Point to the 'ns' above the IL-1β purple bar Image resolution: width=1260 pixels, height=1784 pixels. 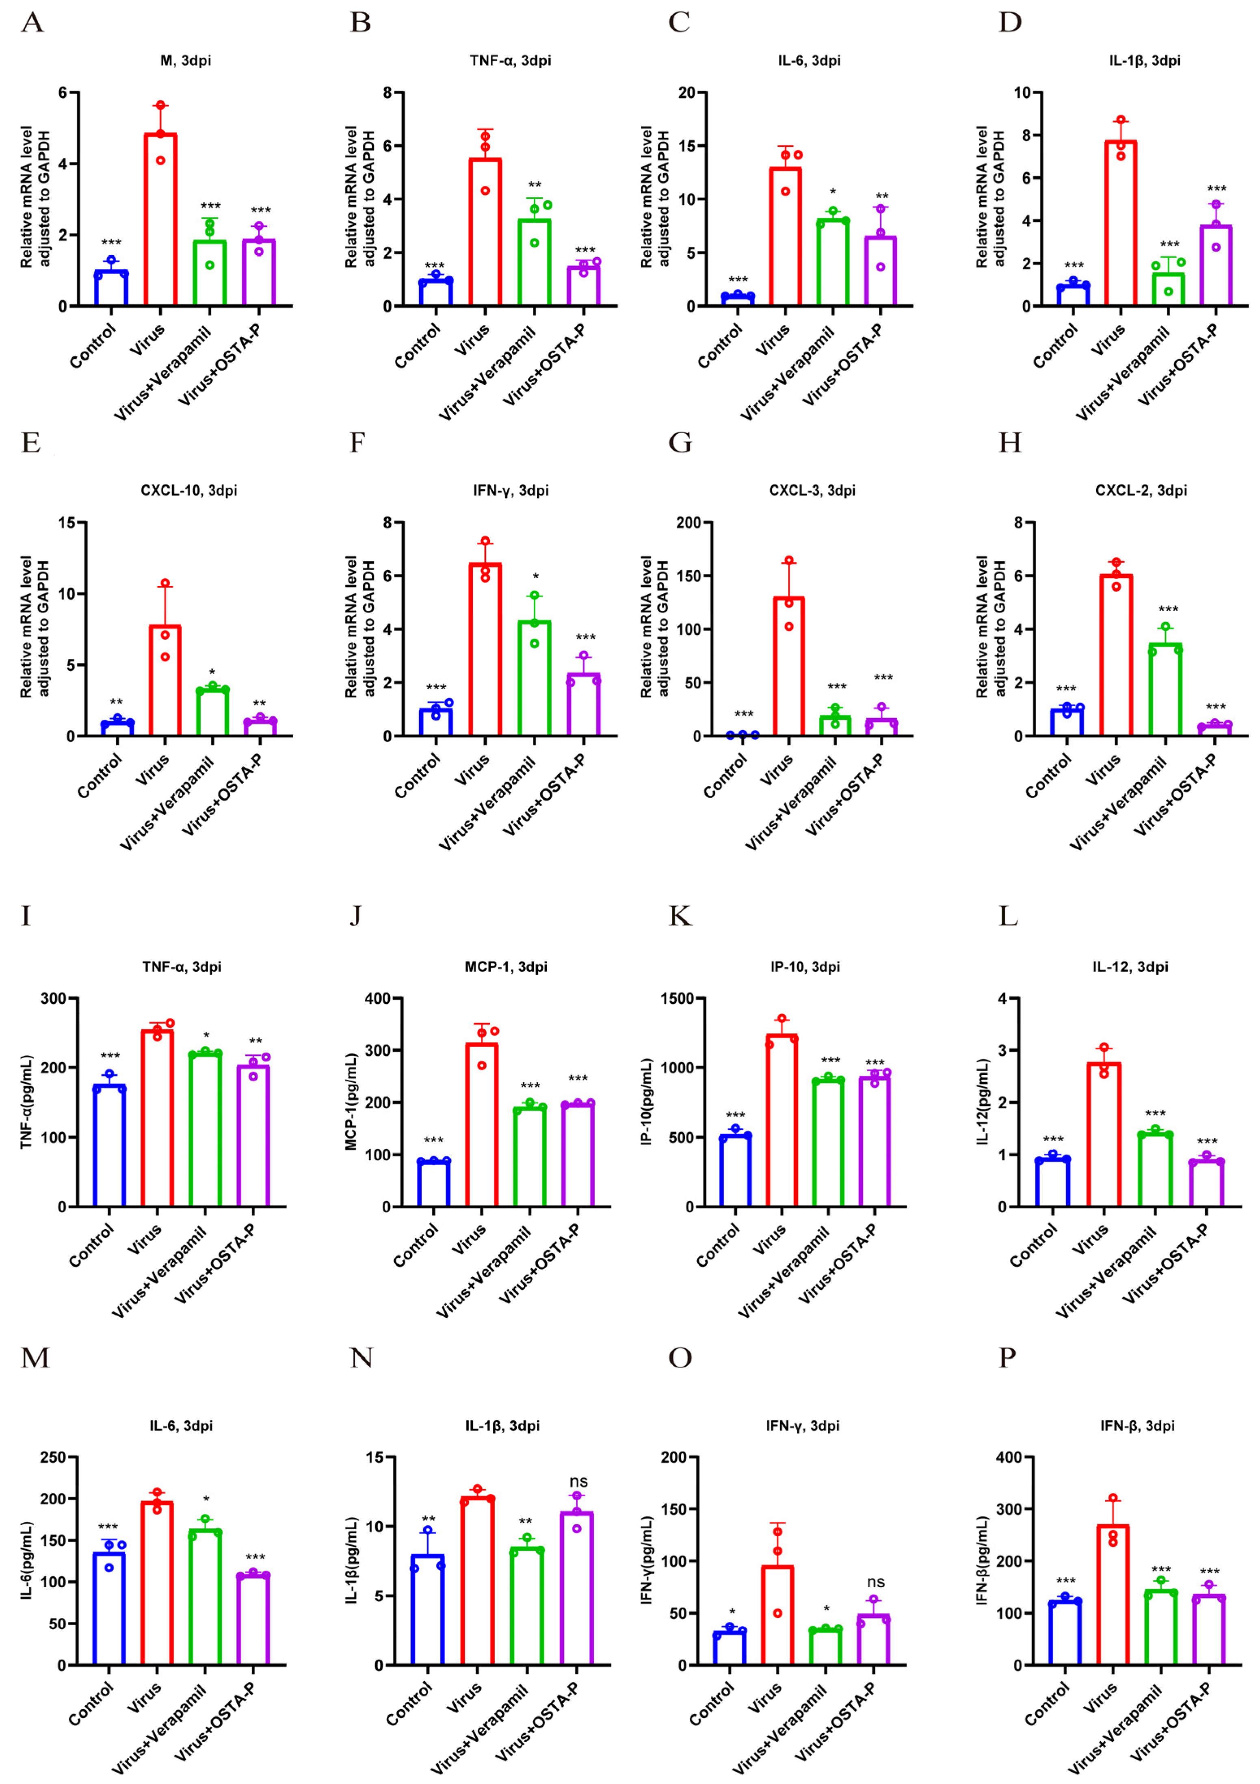click(578, 1482)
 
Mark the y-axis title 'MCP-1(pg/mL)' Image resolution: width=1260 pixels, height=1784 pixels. click(351, 1102)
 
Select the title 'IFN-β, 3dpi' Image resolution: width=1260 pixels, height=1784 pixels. click(1137, 1426)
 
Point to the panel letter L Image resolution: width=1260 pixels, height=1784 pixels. click(1008, 917)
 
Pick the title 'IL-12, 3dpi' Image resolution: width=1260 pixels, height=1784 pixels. click(1130, 967)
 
